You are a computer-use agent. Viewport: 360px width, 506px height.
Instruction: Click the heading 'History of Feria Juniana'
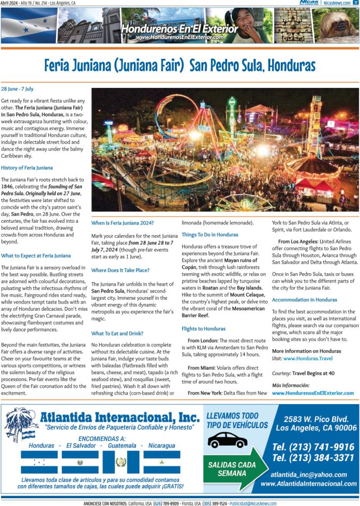[27, 168]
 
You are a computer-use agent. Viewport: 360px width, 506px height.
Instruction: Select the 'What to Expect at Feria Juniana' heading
[36, 255]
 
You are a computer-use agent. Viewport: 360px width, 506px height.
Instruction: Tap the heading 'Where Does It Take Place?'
[121, 270]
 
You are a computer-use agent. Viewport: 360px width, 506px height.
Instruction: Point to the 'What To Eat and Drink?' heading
[117, 333]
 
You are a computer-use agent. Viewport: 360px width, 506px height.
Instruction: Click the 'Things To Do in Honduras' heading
[210, 235]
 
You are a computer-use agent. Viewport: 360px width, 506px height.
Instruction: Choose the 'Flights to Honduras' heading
[203, 329]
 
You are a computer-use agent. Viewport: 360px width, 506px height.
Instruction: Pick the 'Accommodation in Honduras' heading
[304, 300]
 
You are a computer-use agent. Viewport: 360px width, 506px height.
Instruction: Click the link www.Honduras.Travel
[308, 358]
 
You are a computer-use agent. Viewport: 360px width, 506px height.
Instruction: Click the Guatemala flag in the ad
[121, 461]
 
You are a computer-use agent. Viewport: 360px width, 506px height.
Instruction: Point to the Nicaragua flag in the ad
[161, 461]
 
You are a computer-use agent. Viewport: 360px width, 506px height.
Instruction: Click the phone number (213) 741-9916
[313, 447]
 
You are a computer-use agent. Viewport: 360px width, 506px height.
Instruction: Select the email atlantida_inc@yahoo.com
[309, 474]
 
